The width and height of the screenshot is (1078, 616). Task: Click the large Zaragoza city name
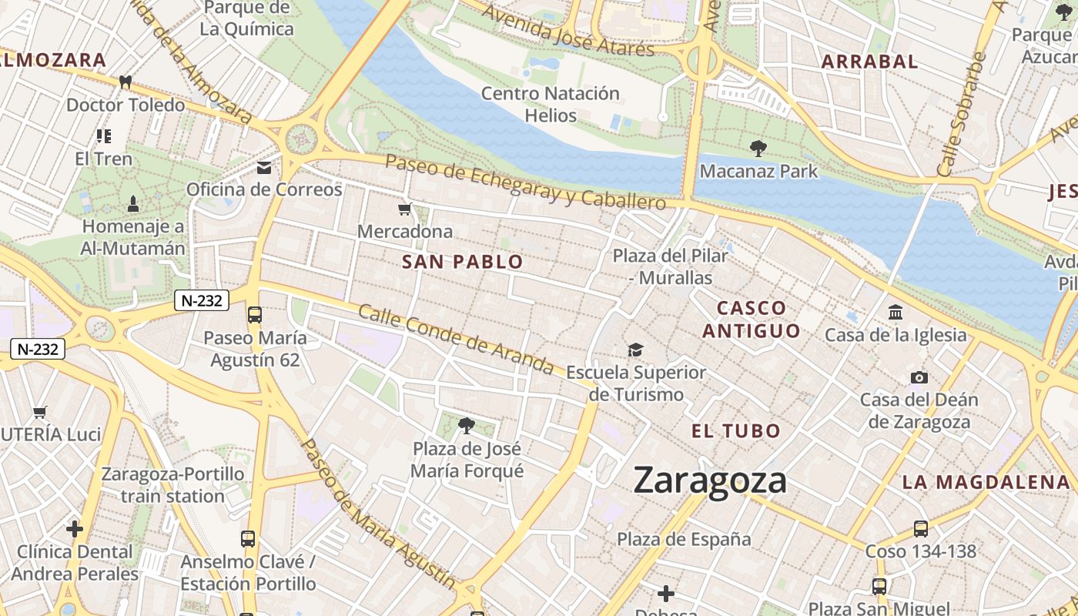(710, 480)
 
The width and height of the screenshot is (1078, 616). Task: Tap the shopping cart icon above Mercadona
(405, 209)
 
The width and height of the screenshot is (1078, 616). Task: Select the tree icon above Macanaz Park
(758, 148)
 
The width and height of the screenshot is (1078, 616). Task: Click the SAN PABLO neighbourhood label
(462, 262)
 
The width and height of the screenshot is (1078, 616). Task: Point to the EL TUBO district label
(736, 431)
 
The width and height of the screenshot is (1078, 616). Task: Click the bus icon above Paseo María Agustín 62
(255, 315)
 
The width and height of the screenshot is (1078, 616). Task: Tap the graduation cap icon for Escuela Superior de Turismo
(635, 350)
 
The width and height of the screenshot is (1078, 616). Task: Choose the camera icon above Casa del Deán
(919, 377)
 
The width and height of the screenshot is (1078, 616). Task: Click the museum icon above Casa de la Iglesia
(896, 313)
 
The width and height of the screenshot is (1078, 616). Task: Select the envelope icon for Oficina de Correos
(264, 167)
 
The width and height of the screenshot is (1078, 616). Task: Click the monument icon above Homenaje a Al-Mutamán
(133, 204)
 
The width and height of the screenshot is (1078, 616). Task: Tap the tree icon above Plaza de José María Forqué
(466, 425)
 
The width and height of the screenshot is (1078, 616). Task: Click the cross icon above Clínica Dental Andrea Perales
(75, 529)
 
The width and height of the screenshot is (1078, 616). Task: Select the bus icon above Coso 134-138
(920, 528)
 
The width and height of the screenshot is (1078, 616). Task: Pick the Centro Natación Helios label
(550, 105)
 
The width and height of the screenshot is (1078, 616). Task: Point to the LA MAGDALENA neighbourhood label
(986, 483)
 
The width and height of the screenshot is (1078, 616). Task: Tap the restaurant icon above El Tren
(104, 136)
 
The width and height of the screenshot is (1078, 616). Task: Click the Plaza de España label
(684, 539)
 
